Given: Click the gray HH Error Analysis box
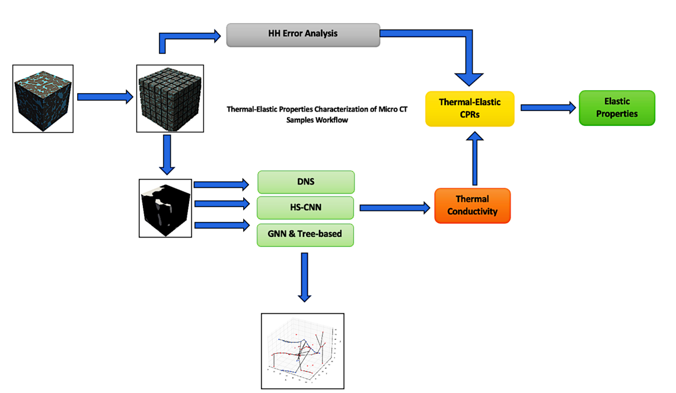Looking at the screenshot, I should click(303, 34).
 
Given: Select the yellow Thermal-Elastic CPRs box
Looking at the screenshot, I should click(470, 108).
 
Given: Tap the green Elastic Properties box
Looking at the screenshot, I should click(617, 107).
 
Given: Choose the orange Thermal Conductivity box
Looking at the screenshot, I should click(472, 205).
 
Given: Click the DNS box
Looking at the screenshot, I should click(305, 182).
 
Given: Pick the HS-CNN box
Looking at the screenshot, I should click(305, 208).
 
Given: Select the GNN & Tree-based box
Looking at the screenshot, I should click(305, 234).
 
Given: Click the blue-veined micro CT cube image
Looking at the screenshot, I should click(43, 99).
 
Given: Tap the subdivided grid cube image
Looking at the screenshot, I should click(170, 99).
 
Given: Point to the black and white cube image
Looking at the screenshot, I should click(165, 208).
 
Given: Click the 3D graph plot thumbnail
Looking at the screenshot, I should click(302, 351).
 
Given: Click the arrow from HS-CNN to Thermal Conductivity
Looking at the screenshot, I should click(394, 208).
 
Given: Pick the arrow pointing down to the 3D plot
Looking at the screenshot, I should click(304, 277).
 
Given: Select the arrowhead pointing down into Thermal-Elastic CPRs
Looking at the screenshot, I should click(469, 78).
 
